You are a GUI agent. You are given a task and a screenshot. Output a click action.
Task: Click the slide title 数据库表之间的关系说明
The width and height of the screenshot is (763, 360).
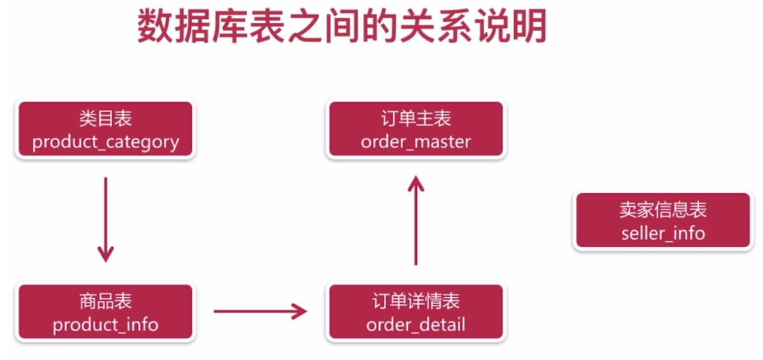[x=342, y=27]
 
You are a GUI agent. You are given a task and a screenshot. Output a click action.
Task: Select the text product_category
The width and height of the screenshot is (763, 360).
[x=105, y=142]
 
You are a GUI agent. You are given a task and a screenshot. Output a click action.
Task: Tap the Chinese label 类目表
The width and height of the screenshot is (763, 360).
[x=105, y=118]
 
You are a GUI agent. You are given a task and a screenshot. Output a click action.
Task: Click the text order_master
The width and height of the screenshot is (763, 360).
[x=416, y=142]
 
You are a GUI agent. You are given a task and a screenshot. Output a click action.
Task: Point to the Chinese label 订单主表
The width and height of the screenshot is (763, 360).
[x=416, y=118]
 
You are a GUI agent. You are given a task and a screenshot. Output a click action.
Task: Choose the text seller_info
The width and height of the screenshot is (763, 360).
[x=663, y=233]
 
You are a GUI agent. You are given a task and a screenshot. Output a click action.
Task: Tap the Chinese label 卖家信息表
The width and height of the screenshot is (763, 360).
[x=663, y=210]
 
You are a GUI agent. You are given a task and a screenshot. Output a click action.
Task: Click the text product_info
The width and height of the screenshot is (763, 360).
[x=105, y=325]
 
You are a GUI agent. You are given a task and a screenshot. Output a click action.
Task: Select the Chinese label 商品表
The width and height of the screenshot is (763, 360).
[x=105, y=301]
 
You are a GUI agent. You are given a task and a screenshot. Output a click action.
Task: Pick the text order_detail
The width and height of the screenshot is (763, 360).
[x=416, y=325]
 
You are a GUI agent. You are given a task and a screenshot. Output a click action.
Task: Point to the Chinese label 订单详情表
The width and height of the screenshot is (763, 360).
[x=416, y=301]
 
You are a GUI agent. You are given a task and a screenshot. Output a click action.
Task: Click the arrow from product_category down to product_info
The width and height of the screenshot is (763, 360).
[x=105, y=216]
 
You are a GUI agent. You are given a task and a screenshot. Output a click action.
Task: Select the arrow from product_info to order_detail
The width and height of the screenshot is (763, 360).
[x=259, y=311]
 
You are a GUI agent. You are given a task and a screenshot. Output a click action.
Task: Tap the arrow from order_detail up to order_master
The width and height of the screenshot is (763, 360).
[x=416, y=222]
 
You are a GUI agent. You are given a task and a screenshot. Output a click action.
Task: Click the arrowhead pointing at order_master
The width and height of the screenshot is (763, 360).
[x=416, y=184]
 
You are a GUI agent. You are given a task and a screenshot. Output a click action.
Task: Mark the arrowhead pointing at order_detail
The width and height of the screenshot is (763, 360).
[x=300, y=311]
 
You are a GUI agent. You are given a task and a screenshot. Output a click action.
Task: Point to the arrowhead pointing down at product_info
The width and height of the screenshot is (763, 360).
[x=105, y=254]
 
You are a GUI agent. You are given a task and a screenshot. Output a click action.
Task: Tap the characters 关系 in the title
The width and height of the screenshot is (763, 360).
[x=444, y=27]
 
